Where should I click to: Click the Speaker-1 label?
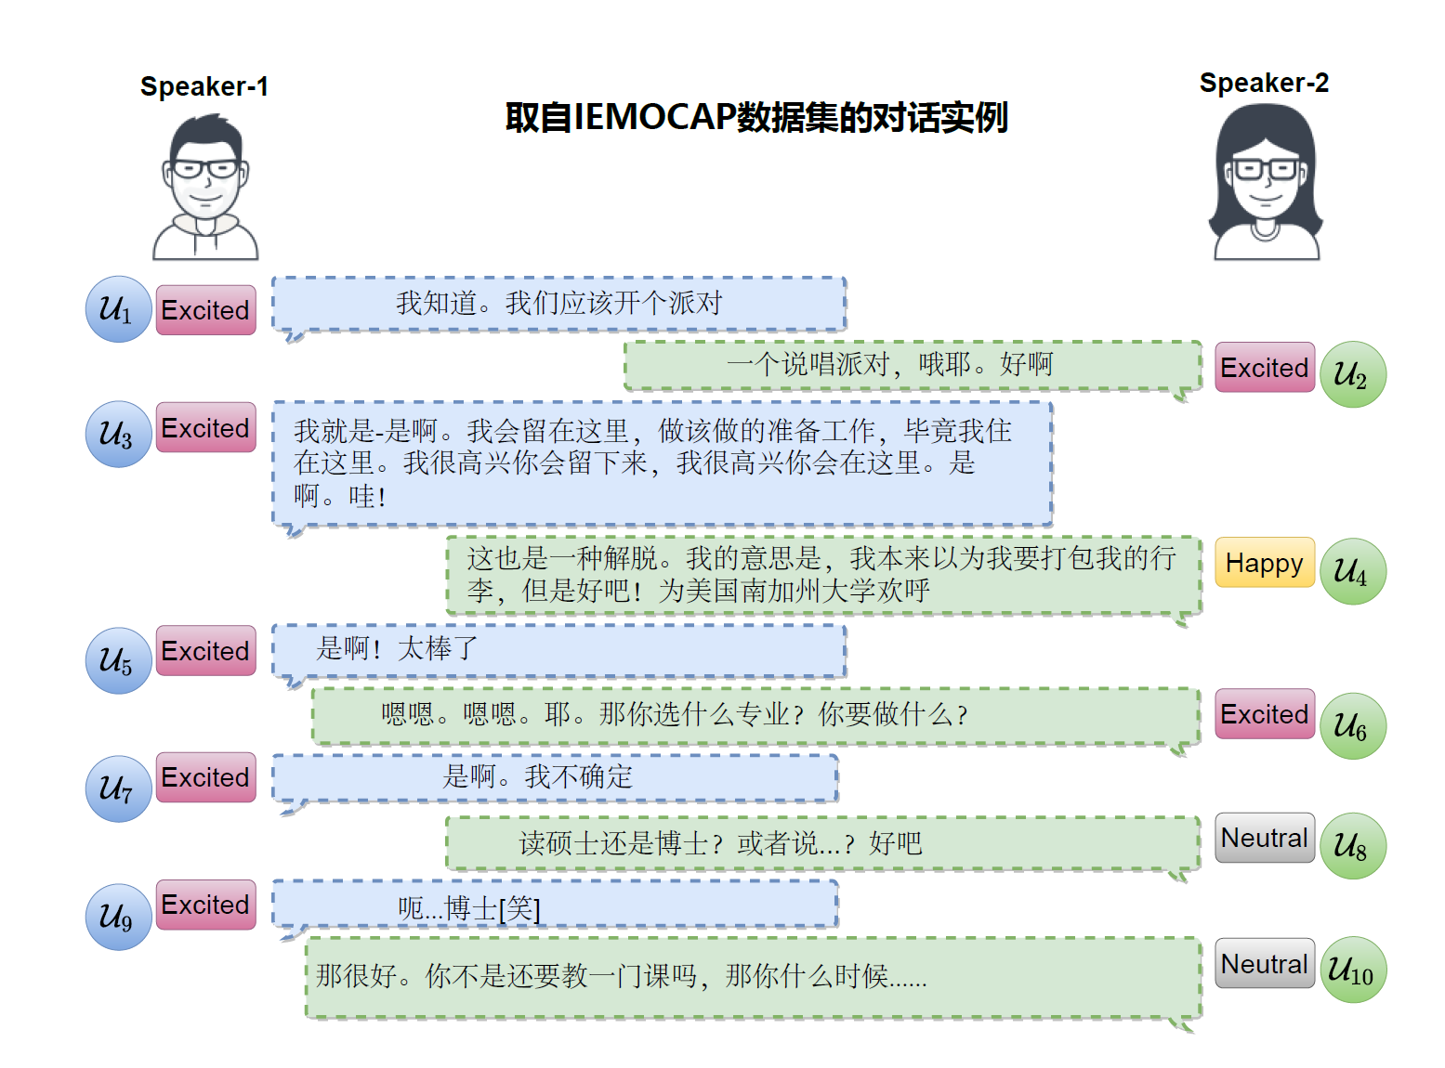coord(204,86)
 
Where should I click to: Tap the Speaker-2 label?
coord(1264,83)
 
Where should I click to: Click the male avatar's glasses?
coord(205,169)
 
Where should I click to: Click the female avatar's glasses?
coord(1265,170)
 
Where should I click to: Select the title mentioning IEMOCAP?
coord(756,118)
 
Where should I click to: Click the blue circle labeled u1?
coord(118,309)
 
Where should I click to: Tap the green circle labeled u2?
coord(1352,374)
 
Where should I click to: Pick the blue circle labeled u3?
coord(118,434)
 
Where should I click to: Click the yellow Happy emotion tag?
coord(1264,563)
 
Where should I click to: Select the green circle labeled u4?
coord(1352,571)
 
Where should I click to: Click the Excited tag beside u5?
coord(205,651)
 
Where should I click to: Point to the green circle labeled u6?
coord(1352,726)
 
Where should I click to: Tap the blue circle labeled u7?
coord(118,788)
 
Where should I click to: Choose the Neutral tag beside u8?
coord(1264,838)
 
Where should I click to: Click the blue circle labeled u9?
coord(118,917)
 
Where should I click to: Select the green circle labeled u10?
coord(1352,970)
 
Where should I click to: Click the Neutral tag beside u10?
coord(1264,964)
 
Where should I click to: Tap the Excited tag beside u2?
coord(1264,368)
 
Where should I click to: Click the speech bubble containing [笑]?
coord(556,905)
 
